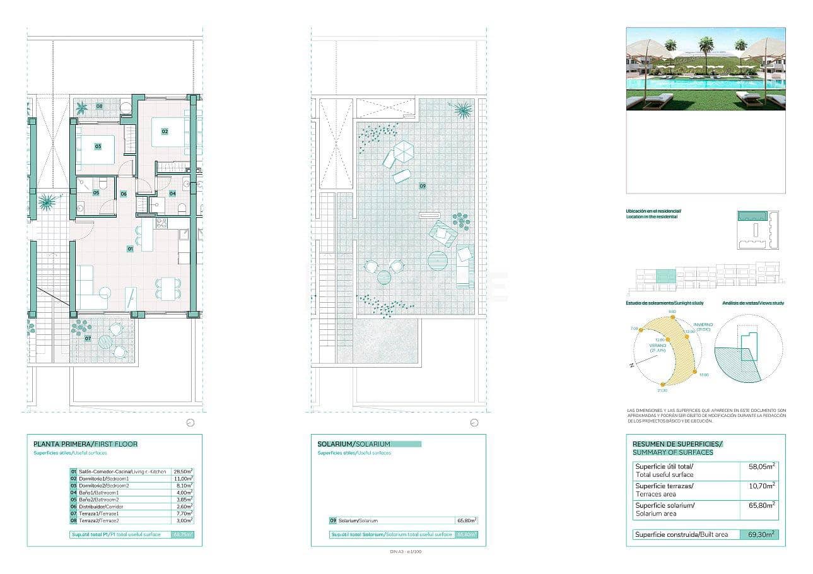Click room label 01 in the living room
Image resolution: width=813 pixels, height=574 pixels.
coord(131,249)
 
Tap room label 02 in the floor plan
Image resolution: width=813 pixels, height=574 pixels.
coord(165,132)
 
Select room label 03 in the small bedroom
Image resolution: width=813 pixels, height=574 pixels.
coord(98,146)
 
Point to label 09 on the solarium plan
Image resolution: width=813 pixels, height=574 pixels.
coord(422,186)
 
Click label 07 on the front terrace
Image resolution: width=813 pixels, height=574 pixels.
coord(88,339)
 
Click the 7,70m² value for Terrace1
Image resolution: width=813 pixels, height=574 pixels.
coord(183,513)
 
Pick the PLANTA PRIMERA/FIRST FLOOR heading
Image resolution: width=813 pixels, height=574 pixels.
coord(85,444)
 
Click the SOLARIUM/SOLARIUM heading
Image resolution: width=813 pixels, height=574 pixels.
coord(354,444)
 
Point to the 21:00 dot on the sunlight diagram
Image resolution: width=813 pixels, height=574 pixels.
coord(663,384)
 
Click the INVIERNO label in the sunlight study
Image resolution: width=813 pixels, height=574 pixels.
coord(704,325)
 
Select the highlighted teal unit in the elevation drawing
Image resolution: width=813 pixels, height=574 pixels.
coord(666,276)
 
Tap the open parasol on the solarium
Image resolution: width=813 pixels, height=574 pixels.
coord(402,151)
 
